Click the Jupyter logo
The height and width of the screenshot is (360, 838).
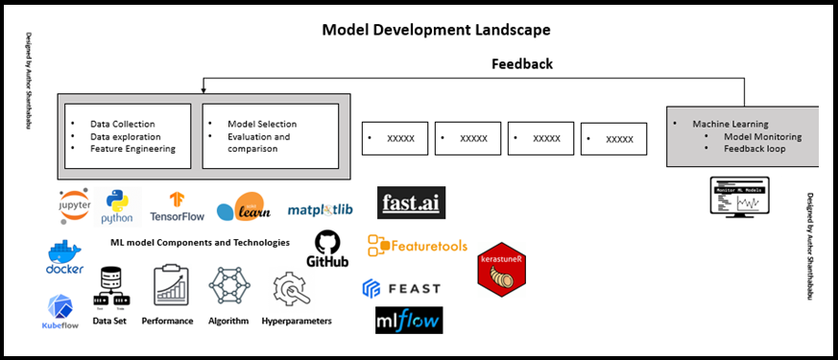pos(76,204)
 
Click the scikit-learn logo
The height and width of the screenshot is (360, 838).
pos(239,207)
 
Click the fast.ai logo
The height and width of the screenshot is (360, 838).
pos(412,203)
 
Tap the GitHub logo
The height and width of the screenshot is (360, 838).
pos(326,249)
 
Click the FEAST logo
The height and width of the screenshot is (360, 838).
pos(401,287)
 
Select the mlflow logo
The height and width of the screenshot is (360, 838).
pos(409,320)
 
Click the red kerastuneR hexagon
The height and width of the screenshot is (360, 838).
pos(502,270)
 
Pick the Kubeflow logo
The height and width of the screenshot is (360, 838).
pos(62,311)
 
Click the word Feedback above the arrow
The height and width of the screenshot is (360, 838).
pos(521,64)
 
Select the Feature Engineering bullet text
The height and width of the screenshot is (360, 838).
pos(132,149)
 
